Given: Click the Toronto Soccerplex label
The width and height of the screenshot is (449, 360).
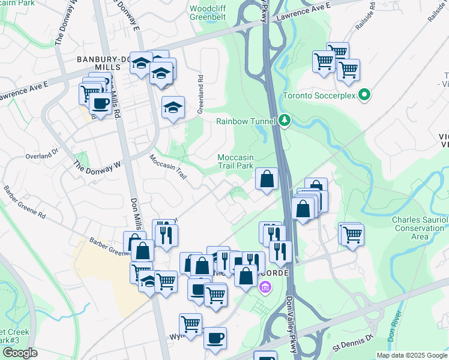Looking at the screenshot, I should (318, 95).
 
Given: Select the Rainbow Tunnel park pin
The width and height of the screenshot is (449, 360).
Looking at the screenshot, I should (285, 121).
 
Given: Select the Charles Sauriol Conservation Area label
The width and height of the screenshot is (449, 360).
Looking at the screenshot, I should (420, 228).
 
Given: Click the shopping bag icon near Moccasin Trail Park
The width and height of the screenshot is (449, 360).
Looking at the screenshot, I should (267, 178).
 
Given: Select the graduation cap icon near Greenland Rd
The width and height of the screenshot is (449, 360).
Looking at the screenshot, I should (173, 107).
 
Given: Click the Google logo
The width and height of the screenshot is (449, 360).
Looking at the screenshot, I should (19, 353).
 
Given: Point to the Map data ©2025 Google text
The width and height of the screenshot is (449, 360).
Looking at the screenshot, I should (411, 355).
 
